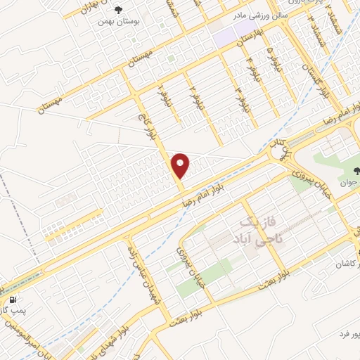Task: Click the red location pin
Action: pyautogui.click(x=181, y=164)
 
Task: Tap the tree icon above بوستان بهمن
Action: pyautogui.click(x=117, y=10)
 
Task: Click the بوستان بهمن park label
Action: pyautogui.click(x=116, y=22)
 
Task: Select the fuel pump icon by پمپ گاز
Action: pyautogui.click(x=15, y=298)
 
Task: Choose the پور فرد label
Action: pyautogui.click(x=345, y=331)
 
